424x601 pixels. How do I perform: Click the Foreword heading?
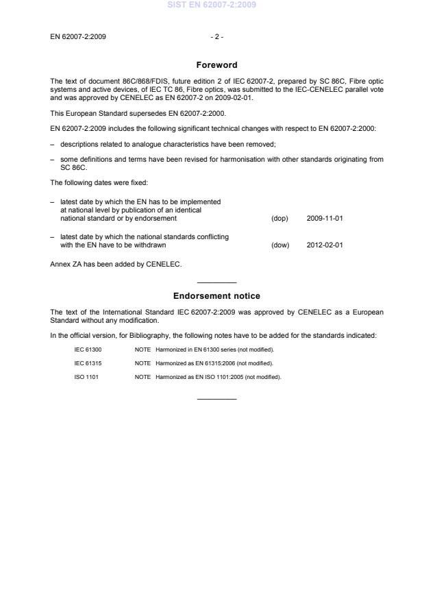pyautogui.click(x=216, y=65)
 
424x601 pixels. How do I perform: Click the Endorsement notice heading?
pyautogui.click(x=216, y=296)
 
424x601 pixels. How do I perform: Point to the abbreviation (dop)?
pyautogui.click(x=279, y=218)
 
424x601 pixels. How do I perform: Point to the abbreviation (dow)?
pyautogui.click(x=280, y=244)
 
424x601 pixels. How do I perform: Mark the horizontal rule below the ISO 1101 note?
pyautogui.click(x=216, y=399)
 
